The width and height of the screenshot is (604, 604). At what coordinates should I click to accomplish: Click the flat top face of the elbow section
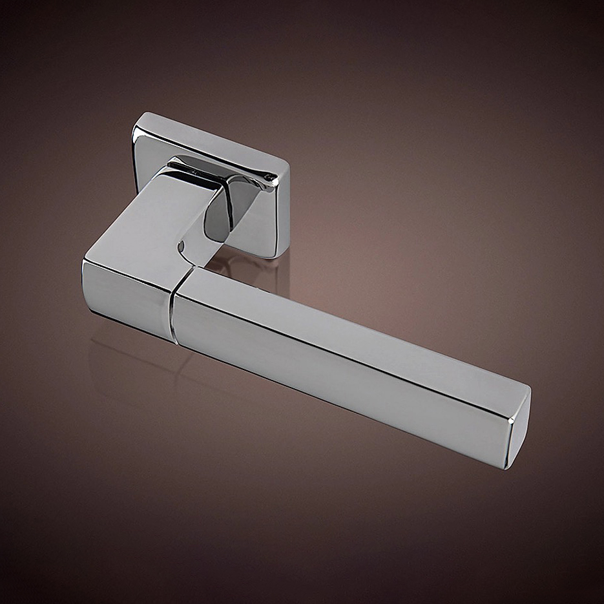point(149,220)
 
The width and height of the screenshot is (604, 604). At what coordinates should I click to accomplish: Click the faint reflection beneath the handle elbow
point(129,362)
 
